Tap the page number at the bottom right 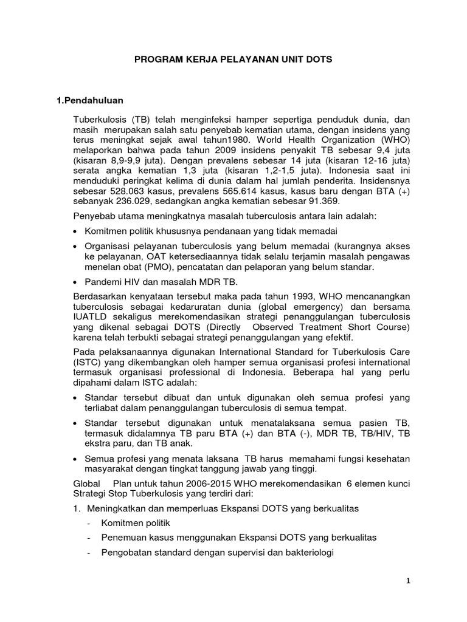409,581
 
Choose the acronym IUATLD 91,317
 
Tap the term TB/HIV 376,434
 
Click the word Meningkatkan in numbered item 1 117,507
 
